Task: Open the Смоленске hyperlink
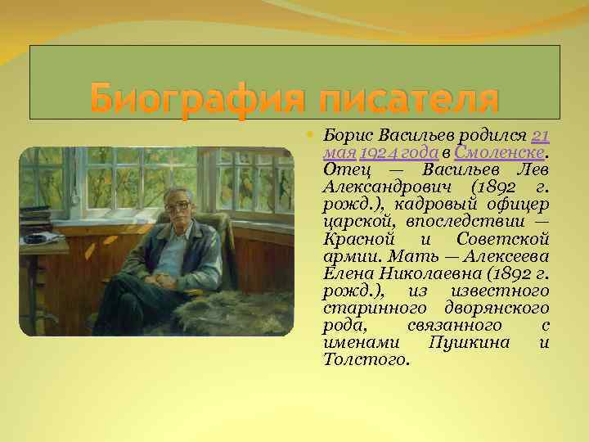tap(499, 151)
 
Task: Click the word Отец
tap(343, 169)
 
